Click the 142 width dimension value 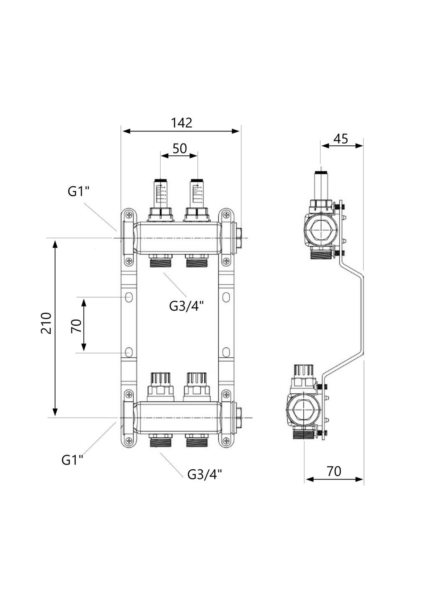181,123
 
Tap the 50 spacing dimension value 179,148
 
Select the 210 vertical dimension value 46,323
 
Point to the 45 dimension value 341,139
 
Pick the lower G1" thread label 72,460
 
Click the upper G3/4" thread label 186,306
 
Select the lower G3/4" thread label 205,474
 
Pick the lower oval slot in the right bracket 226,352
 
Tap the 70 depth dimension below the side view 334,472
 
